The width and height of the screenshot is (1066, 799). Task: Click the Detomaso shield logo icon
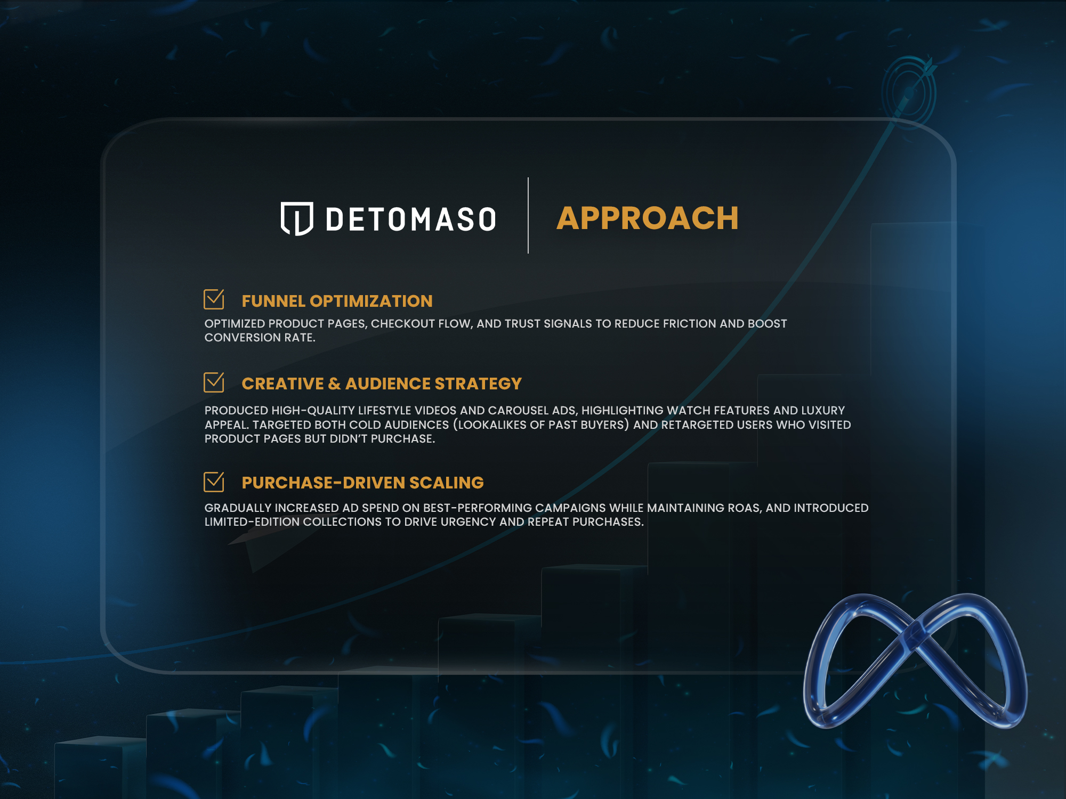(297, 218)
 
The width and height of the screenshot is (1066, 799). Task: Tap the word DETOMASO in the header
(411, 219)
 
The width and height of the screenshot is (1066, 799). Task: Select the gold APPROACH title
(648, 218)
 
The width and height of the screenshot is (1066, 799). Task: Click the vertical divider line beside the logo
(528, 215)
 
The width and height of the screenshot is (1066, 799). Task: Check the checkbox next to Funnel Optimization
(214, 299)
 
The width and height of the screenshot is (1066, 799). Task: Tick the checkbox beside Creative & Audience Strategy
(214, 382)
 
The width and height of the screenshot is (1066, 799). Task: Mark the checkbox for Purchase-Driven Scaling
(214, 482)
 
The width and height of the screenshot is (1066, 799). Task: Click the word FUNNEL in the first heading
(273, 301)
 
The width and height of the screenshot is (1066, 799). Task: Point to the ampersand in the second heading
(334, 384)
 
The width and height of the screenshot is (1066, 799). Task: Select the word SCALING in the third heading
(447, 483)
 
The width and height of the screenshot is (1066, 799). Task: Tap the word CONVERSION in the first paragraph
(243, 337)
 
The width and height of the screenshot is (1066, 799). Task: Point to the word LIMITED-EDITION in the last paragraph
(252, 521)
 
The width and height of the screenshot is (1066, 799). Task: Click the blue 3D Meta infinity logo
(915, 661)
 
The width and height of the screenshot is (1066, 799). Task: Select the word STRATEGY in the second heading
(478, 384)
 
